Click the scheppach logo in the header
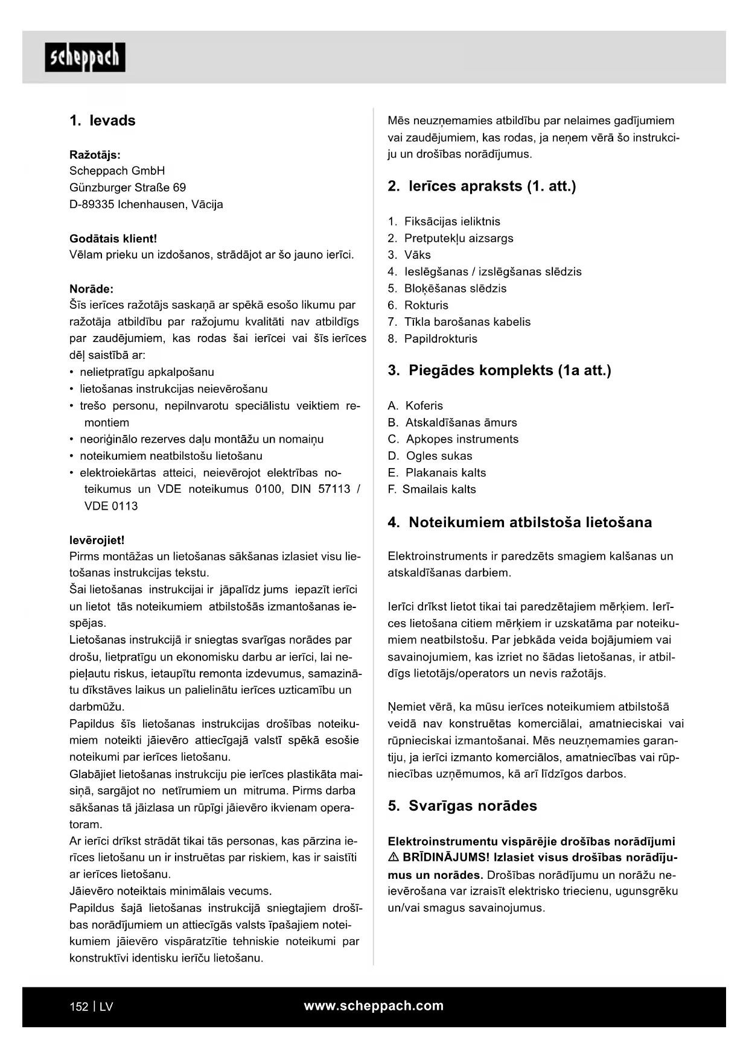[x=85, y=57]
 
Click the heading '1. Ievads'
[x=103, y=121]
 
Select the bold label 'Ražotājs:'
[x=95, y=154]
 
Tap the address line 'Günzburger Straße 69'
[x=127, y=188]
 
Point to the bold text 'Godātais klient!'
[x=113, y=238]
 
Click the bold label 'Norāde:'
[x=91, y=289]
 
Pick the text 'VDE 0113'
[x=111, y=506]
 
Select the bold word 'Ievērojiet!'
[x=97, y=540]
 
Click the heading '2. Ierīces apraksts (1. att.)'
[x=482, y=186]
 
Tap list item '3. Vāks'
[x=409, y=255]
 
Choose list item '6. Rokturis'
[x=418, y=305]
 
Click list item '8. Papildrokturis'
[x=432, y=339]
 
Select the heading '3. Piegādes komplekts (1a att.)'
[x=499, y=370]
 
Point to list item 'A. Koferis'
[x=415, y=406]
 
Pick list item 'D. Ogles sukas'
[x=430, y=456]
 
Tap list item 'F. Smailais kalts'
[x=432, y=489]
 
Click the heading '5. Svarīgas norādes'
[x=462, y=806]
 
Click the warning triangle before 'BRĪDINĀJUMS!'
[x=393, y=858]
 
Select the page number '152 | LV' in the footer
[x=91, y=1007]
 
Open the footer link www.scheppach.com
[x=374, y=1006]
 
